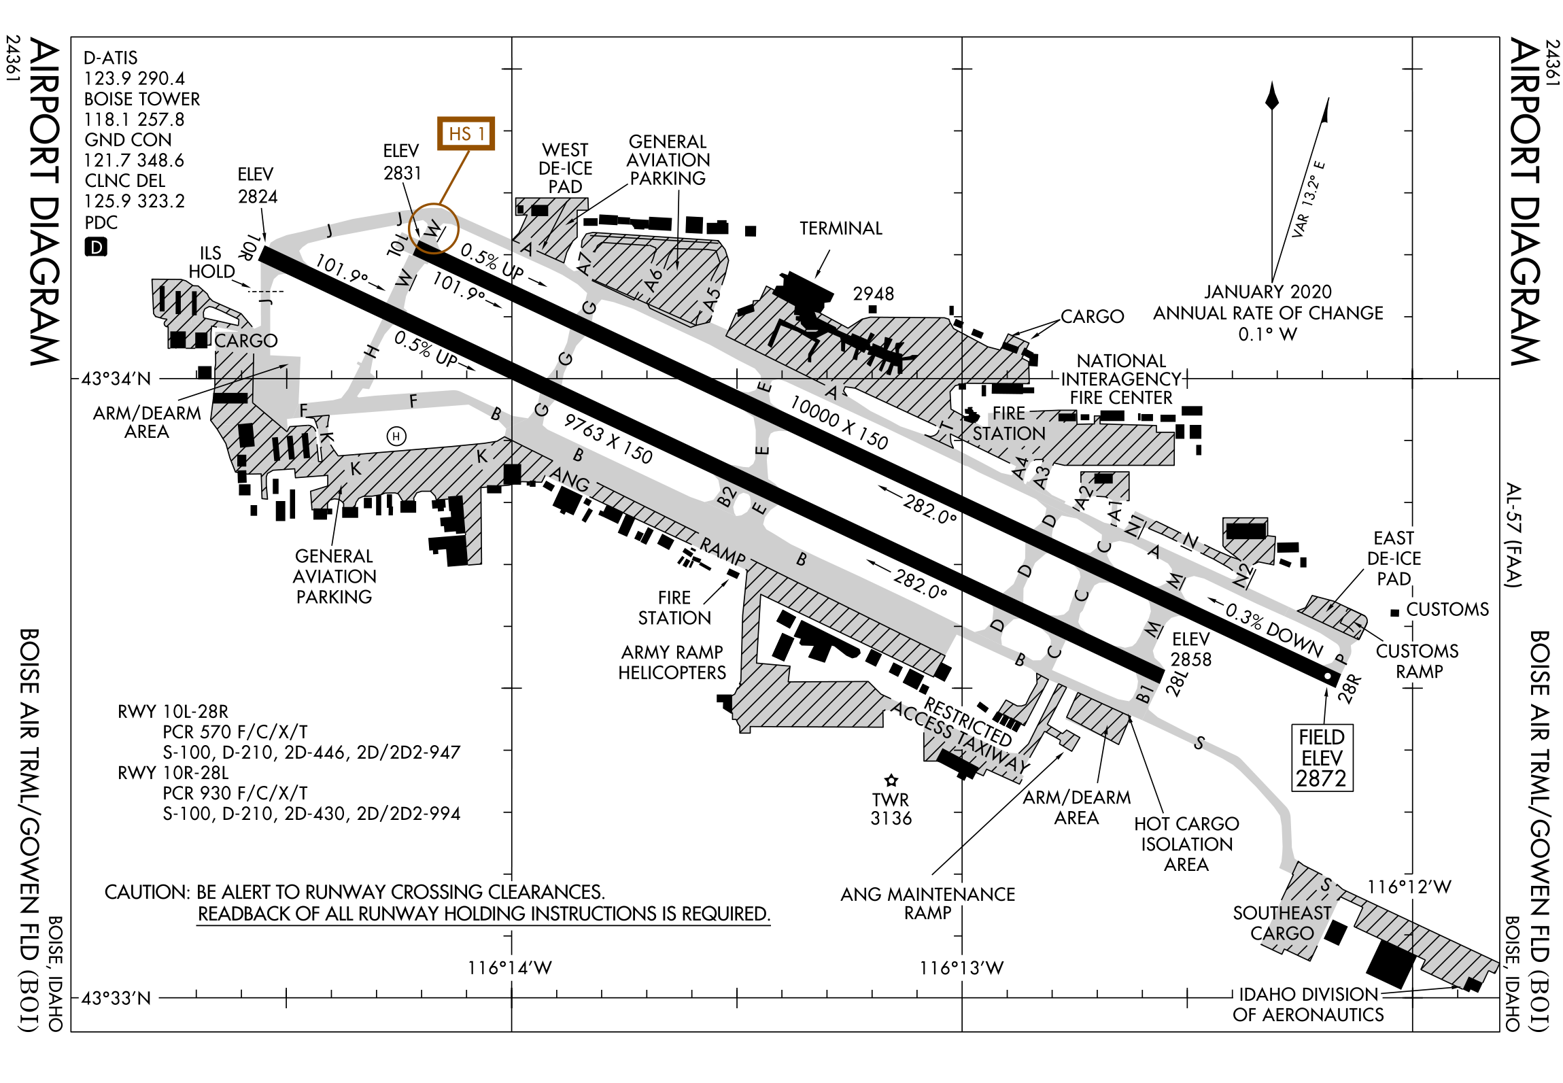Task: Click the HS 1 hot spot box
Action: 466,133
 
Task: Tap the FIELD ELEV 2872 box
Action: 1322,758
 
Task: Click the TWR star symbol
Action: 891,780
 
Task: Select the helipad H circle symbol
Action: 396,436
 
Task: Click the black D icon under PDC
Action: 96,247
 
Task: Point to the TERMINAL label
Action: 840,228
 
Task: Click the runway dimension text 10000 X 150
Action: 839,423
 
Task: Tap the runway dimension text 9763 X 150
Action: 608,439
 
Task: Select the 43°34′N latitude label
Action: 116,379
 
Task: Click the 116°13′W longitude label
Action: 961,967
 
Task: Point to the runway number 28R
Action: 1350,688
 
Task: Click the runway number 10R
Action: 250,247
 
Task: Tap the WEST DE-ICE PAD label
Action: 565,168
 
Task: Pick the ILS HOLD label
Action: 211,262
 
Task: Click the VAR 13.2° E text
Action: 1309,199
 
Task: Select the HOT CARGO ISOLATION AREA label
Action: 1186,844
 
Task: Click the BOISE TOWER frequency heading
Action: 142,99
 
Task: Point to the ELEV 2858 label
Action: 1190,649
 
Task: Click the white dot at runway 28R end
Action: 1327,676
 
